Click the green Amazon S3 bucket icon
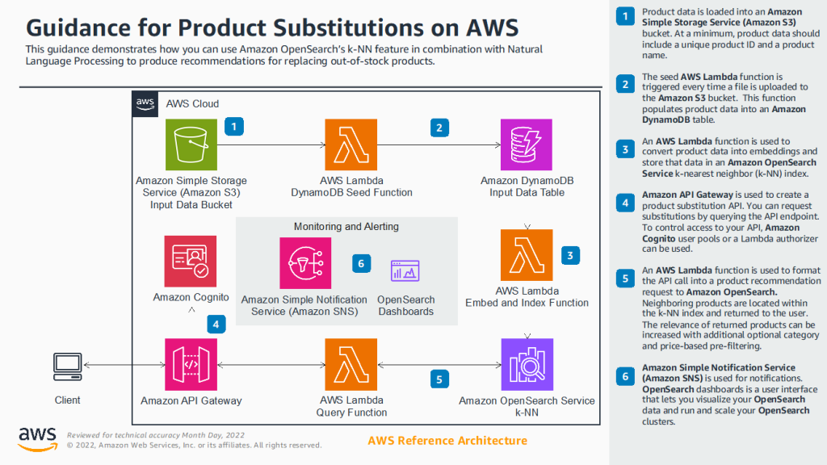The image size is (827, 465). [191, 145]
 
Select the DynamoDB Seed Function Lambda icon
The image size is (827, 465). [351, 145]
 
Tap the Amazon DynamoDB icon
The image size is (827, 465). [527, 145]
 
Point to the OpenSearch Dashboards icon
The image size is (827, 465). [405, 274]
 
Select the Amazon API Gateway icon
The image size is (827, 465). [191, 365]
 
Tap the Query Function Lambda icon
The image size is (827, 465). [351, 365]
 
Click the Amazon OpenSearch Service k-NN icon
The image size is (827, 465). [527, 365]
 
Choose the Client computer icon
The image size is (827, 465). [67, 366]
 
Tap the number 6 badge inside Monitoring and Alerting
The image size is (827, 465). [362, 263]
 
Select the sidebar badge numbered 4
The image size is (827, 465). [624, 203]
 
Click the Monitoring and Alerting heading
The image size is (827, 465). [346, 227]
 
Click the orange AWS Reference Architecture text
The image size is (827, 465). [447, 440]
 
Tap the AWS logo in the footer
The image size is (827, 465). [37, 438]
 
